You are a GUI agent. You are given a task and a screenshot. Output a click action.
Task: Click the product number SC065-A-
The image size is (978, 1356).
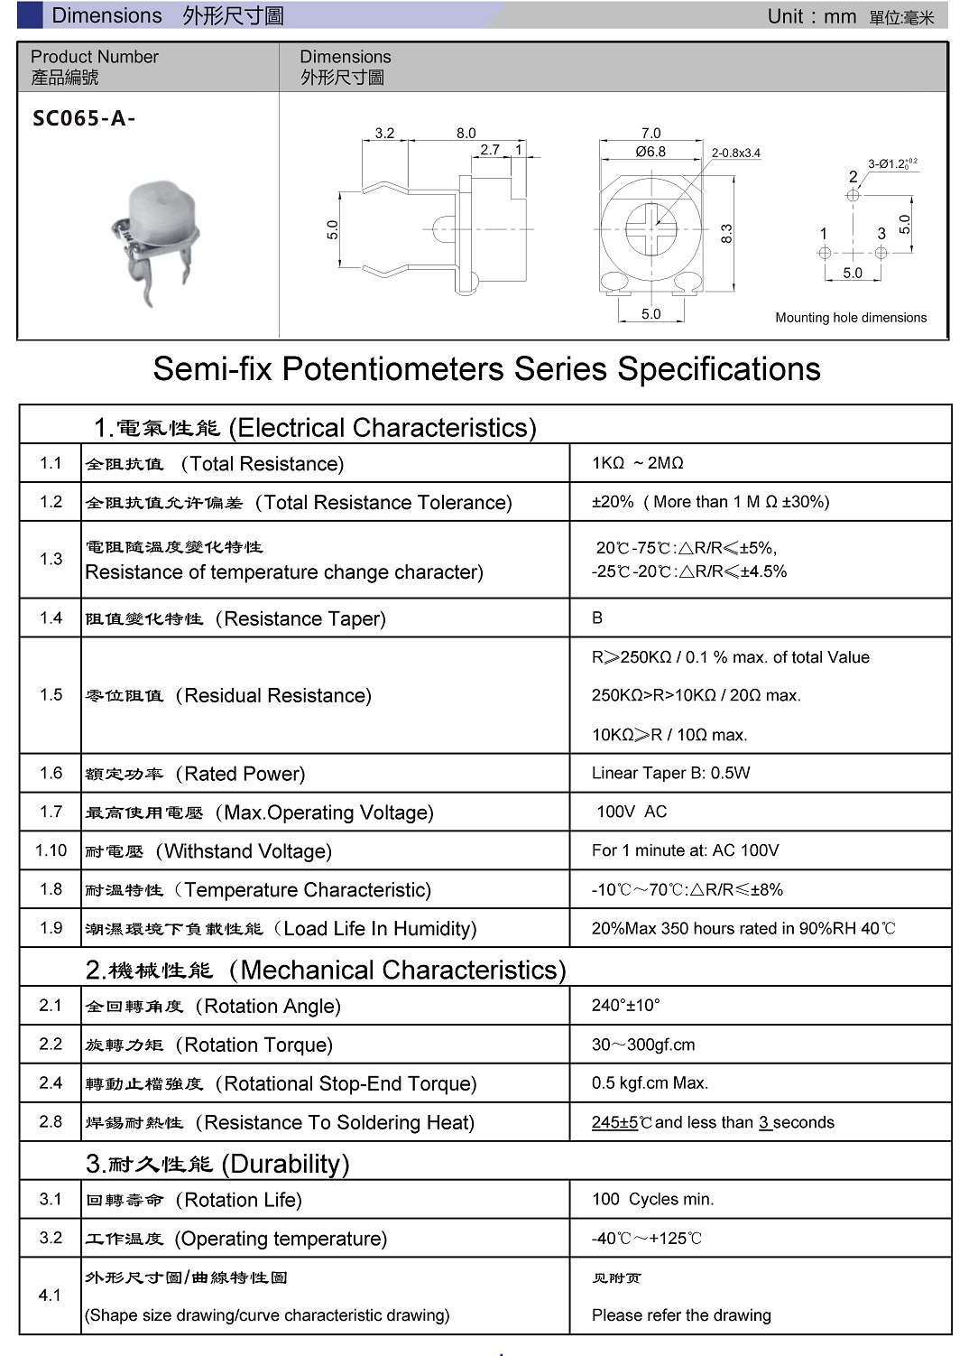coord(84,118)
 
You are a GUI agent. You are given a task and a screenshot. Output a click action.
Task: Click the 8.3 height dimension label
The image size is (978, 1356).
coord(726,234)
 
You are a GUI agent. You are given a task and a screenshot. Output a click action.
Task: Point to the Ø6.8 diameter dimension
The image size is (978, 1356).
coord(650,152)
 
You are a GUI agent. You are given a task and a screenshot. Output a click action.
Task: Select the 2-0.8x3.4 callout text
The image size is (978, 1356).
coord(735,153)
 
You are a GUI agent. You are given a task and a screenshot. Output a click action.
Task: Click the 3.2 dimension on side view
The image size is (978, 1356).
coord(384,133)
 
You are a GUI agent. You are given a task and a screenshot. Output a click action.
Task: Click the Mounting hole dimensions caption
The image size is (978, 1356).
coord(851,318)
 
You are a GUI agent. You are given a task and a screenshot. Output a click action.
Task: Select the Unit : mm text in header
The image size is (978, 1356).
coord(811,16)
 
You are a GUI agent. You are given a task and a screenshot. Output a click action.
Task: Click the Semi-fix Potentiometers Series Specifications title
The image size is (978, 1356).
coord(486,369)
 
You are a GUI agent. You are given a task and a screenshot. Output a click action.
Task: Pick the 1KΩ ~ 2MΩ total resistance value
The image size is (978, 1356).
coord(638,463)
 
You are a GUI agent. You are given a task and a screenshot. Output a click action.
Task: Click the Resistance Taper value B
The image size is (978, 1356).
coord(597,618)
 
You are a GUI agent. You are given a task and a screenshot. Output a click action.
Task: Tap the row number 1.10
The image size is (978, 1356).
coord(51,850)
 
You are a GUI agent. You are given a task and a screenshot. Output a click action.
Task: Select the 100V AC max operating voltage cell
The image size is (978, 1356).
coord(632,812)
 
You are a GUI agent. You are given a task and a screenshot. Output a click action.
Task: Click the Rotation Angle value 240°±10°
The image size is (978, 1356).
coord(626,1006)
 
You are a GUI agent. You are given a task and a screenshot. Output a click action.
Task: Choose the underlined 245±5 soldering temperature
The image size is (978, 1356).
coord(615,1122)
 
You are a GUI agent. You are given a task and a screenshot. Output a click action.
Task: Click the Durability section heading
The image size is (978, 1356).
coord(217,1164)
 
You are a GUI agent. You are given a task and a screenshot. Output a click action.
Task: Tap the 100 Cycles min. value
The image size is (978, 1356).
coord(652,1199)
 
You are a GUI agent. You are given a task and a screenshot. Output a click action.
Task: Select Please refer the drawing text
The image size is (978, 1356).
coord(681,1315)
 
